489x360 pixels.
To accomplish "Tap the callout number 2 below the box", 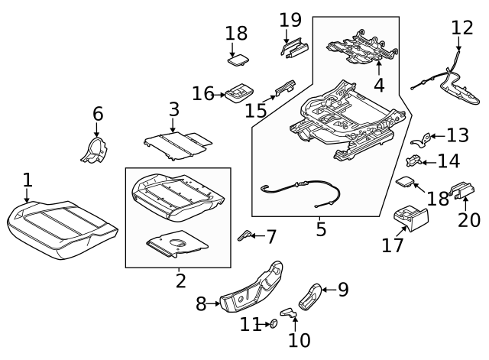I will click(x=180, y=281).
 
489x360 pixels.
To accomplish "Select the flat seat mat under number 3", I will click(x=177, y=143).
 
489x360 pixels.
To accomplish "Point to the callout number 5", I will click(x=320, y=228).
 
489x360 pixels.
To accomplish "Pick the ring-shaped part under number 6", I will click(x=96, y=150).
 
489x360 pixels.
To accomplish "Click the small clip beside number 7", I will click(x=246, y=235).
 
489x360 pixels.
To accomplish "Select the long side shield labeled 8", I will click(x=251, y=287).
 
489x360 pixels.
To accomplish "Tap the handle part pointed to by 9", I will click(x=312, y=295).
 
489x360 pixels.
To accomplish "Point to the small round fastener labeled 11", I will click(x=271, y=326).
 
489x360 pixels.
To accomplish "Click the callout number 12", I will click(x=462, y=28).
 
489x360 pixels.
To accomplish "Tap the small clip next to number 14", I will click(x=413, y=161).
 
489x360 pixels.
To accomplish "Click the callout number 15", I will click(x=257, y=111).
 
